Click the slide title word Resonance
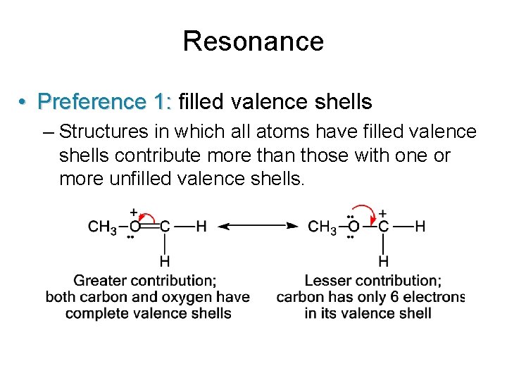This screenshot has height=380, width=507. [253, 41]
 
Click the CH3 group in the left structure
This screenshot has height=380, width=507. [102, 227]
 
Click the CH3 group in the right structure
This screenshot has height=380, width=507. [322, 227]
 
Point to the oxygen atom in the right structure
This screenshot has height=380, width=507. [353, 227]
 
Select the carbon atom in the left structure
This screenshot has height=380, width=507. [164, 227]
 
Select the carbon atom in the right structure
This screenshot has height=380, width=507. [384, 227]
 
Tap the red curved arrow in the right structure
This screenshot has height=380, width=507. [365, 210]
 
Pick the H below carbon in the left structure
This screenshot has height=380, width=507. [164, 261]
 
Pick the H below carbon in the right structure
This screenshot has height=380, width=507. [384, 261]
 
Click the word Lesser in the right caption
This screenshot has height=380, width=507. [327, 281]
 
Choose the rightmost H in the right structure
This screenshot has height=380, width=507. [420, 227]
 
